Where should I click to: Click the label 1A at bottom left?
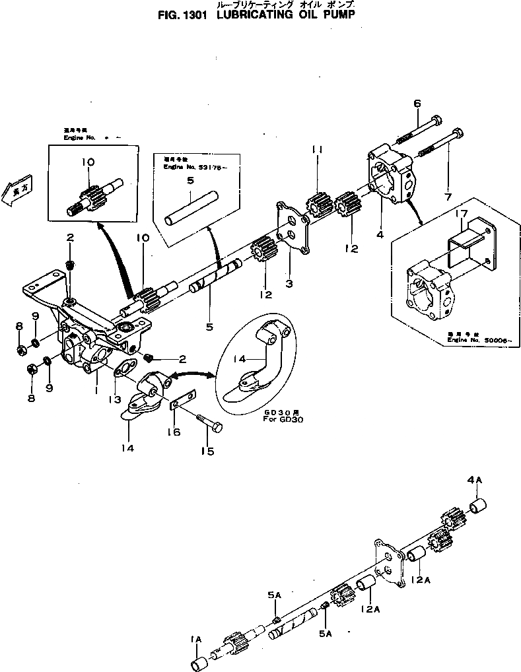coord(195,639)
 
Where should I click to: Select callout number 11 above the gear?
coord(318,151)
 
